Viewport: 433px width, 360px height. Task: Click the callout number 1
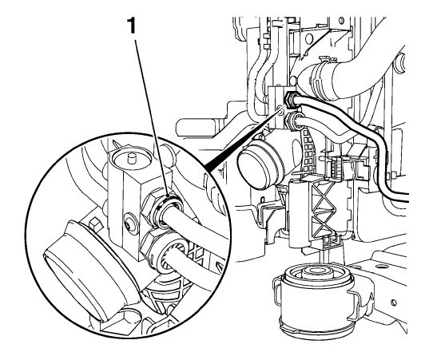click(x=133, y=26)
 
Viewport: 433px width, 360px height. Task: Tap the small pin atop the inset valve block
click(x=132, y=158)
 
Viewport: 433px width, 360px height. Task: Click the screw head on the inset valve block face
click(x=128, y=225)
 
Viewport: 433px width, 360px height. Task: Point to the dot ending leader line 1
click(x=169, y=196)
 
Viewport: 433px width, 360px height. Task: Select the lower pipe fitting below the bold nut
click(x=292, y=121)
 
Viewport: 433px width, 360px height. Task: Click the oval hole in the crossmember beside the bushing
click(x=382, y=267)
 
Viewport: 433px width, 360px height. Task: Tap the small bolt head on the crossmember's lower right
click(x=394, y=303)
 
